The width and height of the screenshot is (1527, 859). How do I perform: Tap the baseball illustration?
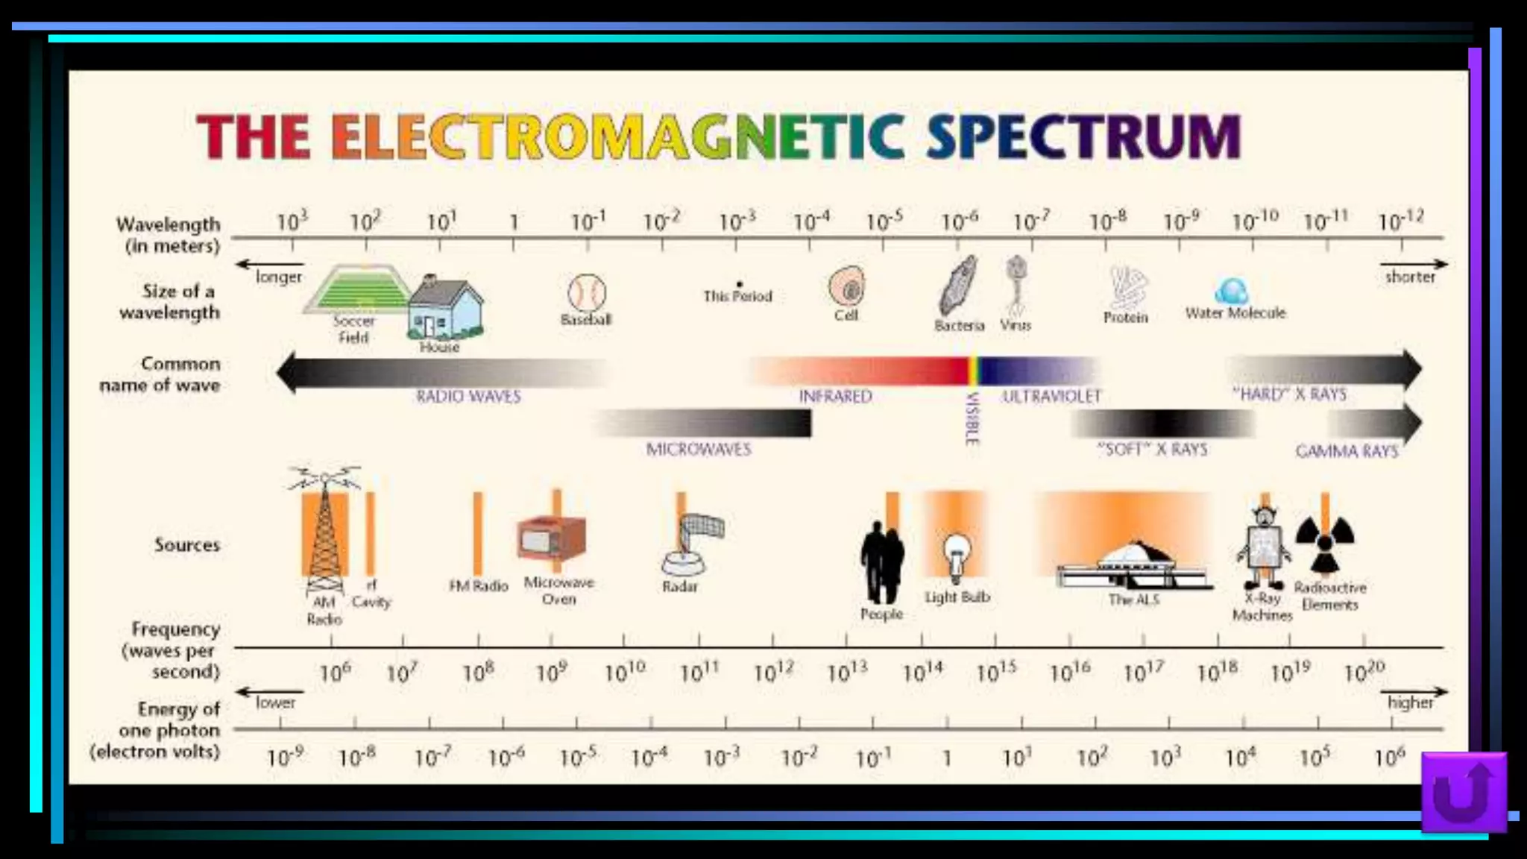(x=587, y=292)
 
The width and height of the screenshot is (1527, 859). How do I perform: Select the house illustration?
(x=445, y=309)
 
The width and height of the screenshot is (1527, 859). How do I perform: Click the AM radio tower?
(x=325, y=529)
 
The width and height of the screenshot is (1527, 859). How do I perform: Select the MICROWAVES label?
(x=699, y=449)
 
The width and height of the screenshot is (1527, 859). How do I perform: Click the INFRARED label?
(x=835, y=396)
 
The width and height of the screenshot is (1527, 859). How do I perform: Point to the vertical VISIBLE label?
(x=972, y=419)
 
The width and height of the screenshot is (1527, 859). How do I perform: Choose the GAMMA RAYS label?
(x=1347, y=451)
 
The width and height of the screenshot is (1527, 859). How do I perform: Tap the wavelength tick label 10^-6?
(x=959, y=221)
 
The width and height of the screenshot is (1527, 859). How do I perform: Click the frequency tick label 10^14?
(x=922, y=672)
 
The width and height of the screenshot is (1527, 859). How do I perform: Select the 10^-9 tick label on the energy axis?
(x=285, y=758)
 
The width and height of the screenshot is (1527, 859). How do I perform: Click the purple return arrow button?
(x=1464, y=792)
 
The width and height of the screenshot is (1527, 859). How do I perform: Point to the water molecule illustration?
(x=1232, y=290)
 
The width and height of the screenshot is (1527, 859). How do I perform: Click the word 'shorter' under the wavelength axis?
(x=1409, y=277)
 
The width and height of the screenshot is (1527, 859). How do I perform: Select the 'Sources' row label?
(x=187, y=545)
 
